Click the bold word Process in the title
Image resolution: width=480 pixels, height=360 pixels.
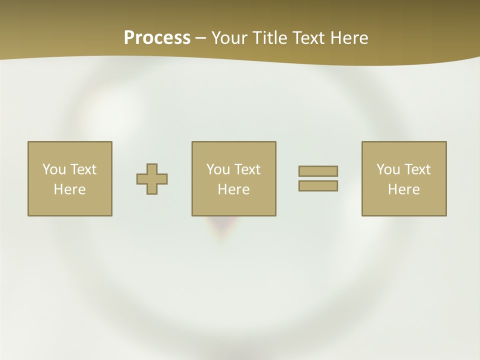click(x=157, y=38)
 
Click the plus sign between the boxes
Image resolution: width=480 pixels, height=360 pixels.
click(x=152, y=179)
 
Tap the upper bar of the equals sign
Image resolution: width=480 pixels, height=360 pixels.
click(x=318, y=171)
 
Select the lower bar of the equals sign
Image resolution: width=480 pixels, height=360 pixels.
click(x=318, y=186)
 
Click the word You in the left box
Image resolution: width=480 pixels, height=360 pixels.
click(x=54, y=169)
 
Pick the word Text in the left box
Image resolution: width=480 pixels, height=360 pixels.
click(x=83, y=169)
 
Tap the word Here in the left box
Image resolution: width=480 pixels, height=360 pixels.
click(x=69, y=189)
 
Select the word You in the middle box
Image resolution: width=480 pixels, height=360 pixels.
click(x=218, y=169)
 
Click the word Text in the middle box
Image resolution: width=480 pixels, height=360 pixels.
click(x=247, y=169)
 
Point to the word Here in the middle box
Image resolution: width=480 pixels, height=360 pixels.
click(x=233, y=189)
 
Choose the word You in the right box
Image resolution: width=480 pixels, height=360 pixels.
click(x=388, y=169)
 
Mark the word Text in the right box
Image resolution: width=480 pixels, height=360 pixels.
click(x=417, y=169)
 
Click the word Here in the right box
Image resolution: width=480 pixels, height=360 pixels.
click(x=403, y=189)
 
